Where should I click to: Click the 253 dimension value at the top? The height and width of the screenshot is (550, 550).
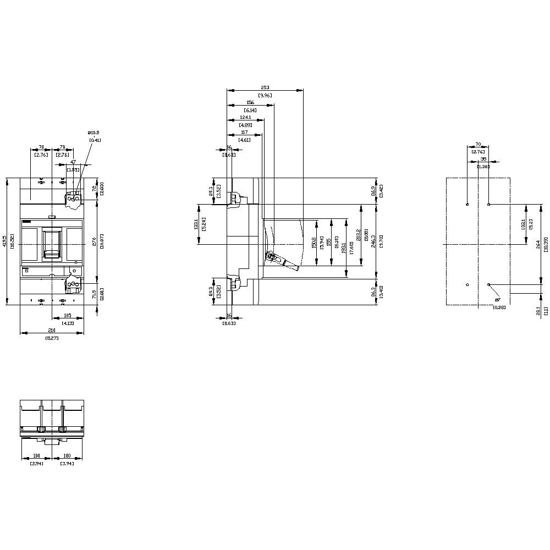coord(265,87)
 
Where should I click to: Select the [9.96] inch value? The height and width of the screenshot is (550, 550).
coord(265,96)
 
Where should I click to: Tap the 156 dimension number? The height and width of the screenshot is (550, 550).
coord(250,103)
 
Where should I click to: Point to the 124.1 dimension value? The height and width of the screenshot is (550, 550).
coord(245,118)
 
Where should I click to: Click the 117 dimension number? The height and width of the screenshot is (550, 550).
coord(244,132)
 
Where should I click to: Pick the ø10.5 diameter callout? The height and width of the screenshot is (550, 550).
coord(95,133)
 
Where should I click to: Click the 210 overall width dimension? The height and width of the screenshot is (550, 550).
coord(52,331)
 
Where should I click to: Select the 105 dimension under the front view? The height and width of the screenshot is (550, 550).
coord(68,316)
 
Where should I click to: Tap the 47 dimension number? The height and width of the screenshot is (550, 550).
coord(73,163)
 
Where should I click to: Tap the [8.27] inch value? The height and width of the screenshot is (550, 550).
coord(52,338)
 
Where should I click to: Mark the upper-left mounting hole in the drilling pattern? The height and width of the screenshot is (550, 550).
coord(467,205)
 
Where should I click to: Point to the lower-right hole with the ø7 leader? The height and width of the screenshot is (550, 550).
coord(489,284)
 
